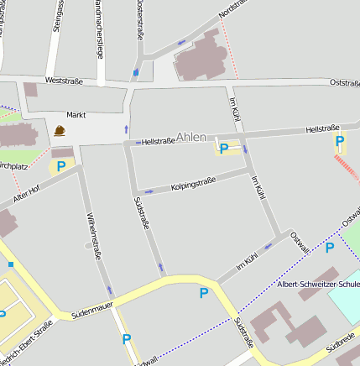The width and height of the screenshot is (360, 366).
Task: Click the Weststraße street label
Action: pyautogui.click(x=64, y=81)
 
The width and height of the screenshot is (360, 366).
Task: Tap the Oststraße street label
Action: pyautogui.click(x=345, y=82)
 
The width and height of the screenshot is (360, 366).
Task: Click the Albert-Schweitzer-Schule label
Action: pyautogui.click(x=318, y=285)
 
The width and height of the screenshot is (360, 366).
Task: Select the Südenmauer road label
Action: pyautogui.click(x=92, y=307)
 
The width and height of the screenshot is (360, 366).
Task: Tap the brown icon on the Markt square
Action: pyautogui.click(x=60, y=131)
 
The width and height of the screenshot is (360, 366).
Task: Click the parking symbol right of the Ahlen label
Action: pyautogui.click(x=224, y=149)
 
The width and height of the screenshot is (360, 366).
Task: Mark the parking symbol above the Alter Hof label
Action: pyautogui.click(x=61, y=166)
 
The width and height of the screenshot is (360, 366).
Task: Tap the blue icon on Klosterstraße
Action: pyautogui.click(x=136, y=73)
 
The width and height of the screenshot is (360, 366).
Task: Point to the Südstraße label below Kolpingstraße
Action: pyautogui.click(x=143, y=213)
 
